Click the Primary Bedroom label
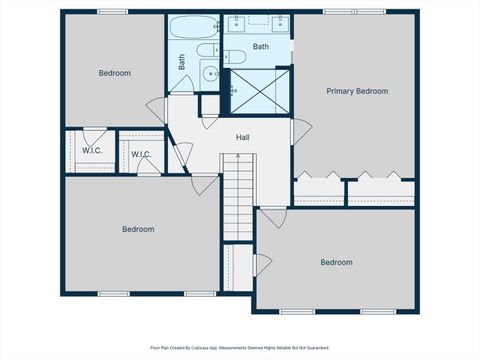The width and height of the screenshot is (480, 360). point(357,91)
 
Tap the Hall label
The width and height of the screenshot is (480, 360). point(243,137)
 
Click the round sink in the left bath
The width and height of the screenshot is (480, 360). point(209,73)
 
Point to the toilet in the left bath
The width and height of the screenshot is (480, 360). point(207,50)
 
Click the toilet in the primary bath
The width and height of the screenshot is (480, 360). point(232,55)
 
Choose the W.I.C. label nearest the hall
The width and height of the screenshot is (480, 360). point(141,154)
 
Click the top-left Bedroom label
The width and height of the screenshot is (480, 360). point(114,72)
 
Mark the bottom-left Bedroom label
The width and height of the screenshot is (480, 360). point(138,229)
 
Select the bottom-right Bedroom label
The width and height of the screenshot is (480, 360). point(336,262)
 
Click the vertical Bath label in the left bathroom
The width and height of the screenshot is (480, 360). point(182,61)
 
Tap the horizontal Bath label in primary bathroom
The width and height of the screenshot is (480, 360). point(260,47)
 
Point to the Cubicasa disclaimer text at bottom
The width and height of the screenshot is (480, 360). point(240,348)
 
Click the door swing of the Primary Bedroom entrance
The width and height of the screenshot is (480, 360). point(301,131)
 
